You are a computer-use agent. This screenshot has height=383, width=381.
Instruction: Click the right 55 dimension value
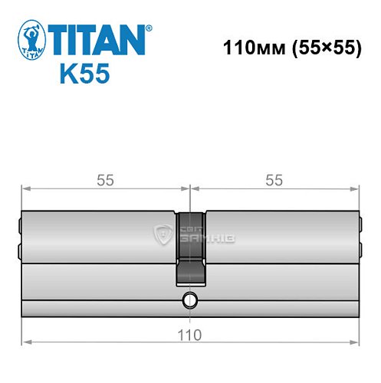click(274, 180)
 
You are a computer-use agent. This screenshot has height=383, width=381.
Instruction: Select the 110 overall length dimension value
click(189, 336)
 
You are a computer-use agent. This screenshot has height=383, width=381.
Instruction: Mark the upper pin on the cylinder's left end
click(20, 225)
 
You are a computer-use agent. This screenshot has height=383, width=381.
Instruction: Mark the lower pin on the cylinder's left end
click(20, 250)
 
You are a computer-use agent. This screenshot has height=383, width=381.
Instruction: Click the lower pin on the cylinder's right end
click(360, 250)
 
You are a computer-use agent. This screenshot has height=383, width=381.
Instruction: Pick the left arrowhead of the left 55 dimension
click(25, 189)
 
